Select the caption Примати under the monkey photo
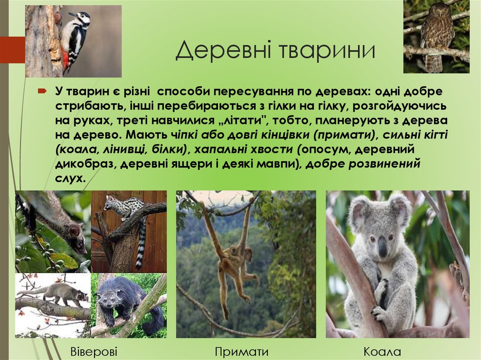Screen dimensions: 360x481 click(241, 352)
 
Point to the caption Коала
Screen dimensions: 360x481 click(382, 352)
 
